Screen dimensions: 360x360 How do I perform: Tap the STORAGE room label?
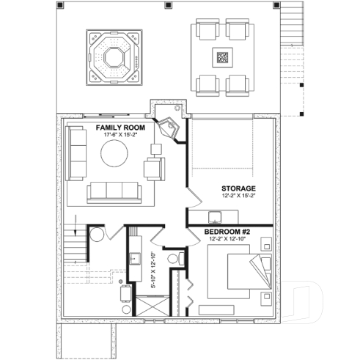238,188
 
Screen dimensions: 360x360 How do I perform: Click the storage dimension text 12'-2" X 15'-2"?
238,196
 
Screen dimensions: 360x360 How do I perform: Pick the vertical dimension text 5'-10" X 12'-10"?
153,270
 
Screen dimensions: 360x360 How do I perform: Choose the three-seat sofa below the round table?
115,192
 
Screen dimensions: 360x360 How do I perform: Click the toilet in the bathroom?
173,259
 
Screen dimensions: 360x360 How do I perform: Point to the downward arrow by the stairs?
75,221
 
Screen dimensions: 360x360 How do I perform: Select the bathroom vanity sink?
134,258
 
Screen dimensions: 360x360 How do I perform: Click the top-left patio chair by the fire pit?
206,32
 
